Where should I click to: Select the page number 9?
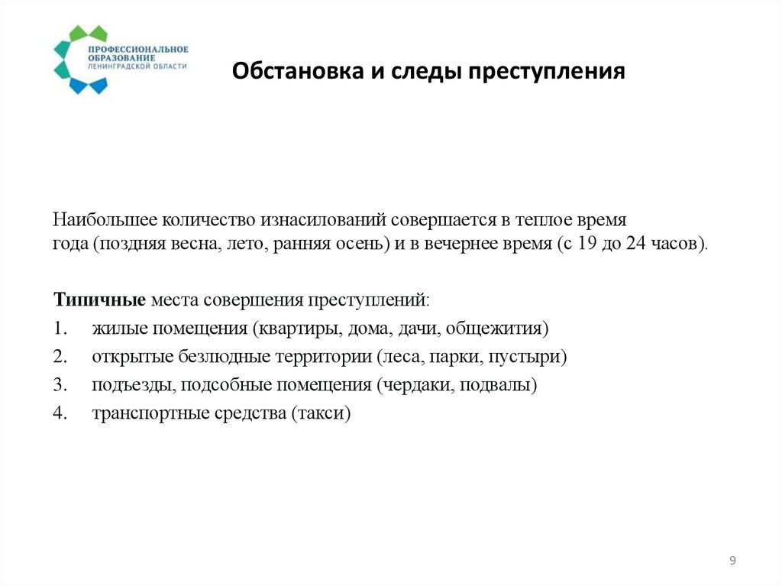click(x=733, y=562)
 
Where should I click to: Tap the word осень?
click(x=361, y=244)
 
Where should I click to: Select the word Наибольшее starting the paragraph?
click(x=105, y=220)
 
